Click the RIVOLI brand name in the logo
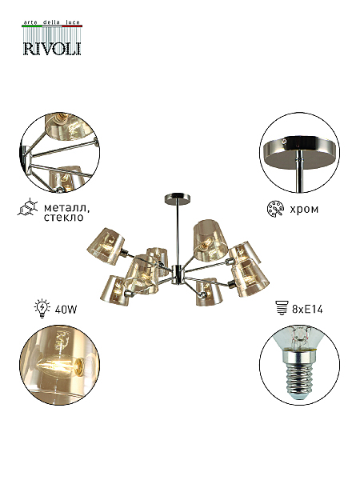tap(52, 48)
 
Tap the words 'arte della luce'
tap(52, 22)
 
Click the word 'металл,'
tap(67, 209)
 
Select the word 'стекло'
tap(64, 218)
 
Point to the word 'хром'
tap(304, 210)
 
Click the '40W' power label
tap(66, 310)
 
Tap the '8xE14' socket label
tap(307, 310)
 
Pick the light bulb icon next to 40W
tap(42, 309)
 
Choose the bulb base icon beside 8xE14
tap(282, 308)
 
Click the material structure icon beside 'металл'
tap(27, 207)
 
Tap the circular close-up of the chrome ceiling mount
tap(299, 153)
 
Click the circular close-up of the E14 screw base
tap(299, 366)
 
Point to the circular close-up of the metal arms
tap(59, 153)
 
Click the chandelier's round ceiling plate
tap(177, 197)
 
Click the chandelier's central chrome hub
tap(178, 274)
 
